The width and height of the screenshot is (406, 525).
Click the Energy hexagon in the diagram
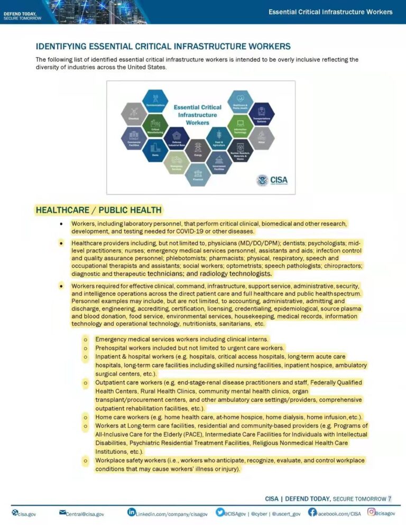tap(198, 149)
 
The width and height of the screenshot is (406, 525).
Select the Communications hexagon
tap(155, 100)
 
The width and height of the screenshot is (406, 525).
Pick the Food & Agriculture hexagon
tap(219, 138)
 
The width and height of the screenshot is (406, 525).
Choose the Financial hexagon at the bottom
tap(198, 174)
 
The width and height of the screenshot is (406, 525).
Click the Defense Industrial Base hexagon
tap(177, 138)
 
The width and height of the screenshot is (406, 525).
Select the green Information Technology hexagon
tap(240, 125)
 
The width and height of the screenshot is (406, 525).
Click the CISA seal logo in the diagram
tap(262, 181)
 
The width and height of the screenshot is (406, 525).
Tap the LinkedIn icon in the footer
tap(132, 512)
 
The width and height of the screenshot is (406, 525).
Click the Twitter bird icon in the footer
tap(219, 512)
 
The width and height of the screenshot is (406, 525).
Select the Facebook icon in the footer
tap(312, 512)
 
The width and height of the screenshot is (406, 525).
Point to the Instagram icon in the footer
tap(372, 512)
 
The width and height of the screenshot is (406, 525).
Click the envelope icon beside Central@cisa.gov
tap(62, 512)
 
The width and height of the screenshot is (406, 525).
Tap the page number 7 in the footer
tap(390, 498)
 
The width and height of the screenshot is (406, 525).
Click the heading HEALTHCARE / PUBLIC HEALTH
tap(98, 210)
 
